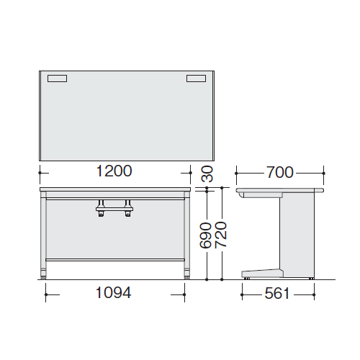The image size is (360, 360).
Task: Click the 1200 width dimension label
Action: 114,171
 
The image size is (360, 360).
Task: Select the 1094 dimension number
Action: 113,292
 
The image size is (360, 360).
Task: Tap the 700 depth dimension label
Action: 280,172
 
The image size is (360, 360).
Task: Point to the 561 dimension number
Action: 277,293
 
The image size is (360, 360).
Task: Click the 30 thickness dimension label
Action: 207,174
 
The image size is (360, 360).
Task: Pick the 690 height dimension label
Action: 206,235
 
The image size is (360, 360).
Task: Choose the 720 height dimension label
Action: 221,235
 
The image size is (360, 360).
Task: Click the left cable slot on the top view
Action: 57,78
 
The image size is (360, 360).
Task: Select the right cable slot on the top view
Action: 196,78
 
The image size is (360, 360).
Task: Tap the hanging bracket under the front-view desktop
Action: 114,208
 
